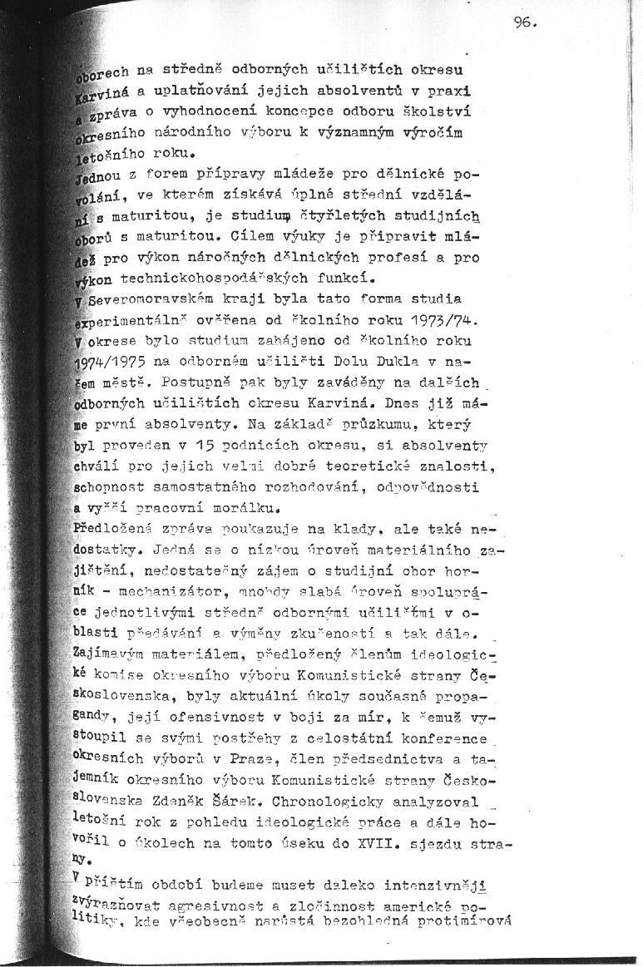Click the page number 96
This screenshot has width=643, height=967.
pyautogui.click(x=526, y=22)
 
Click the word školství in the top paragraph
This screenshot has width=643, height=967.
pyautogui.click(x=440, y=111)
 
